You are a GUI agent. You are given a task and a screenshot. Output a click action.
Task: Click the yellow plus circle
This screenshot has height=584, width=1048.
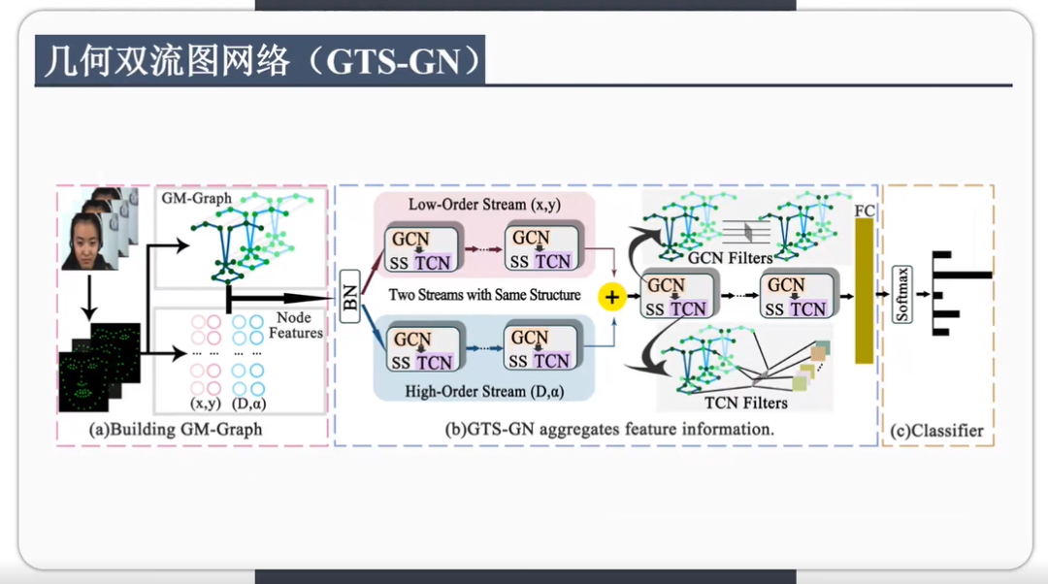pyautogui.click(x=612, y=297)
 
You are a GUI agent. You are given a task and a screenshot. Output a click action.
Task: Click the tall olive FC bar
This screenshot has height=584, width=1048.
pyautogui.click(x=864, y=290)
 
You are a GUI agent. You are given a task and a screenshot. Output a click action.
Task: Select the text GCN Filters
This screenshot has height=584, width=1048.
pyautogui.click(x=730, y=258)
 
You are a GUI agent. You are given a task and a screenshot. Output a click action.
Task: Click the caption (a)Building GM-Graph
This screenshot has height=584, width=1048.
pyautogui.click(x=175, y=429)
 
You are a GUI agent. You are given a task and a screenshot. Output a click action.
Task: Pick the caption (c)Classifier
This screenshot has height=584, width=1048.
pyautogui.click(x=938, y=430)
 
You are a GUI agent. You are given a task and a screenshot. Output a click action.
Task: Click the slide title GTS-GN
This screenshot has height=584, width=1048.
pyautogui.click(x=260, y=61)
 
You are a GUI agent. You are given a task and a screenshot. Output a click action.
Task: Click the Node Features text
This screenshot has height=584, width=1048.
pyautogui.click(x=295, y=325)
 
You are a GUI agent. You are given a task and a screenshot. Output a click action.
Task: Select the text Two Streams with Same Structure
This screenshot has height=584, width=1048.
pyautogui.click(x=483, y=294)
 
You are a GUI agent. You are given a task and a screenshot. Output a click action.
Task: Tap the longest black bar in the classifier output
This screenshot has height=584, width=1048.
pyautogui.click(x=961, y=275)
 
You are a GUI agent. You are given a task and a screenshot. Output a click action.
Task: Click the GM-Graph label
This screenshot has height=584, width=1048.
pyautogui.click(x=196, y=198)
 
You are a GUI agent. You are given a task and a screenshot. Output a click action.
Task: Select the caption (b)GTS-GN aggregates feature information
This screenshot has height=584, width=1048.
pyautogui.click(x=608, y=428)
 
